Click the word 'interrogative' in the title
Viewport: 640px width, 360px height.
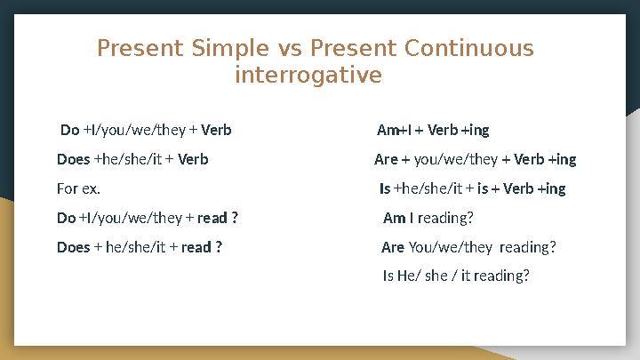click(308, 76)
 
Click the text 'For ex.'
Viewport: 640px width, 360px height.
click(78, 189)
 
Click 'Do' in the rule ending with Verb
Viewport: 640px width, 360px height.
click(69, 131)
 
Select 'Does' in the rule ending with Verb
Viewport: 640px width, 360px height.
click(73, 160)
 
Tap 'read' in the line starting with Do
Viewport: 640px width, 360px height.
click(212, 218)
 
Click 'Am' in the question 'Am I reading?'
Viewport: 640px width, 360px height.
click(393, 218)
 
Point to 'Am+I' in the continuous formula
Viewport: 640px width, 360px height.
click(394, 131)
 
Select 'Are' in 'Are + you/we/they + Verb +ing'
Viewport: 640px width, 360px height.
click(386, 160)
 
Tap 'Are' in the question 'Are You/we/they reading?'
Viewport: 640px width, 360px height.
click(392, 247)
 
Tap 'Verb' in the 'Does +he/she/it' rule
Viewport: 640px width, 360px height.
click(194, 160)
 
